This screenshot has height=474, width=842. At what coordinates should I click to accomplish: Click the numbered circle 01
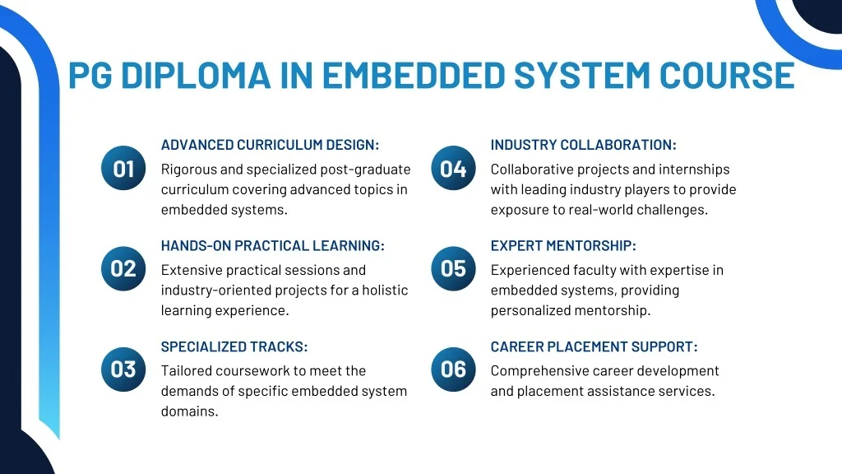(x=123, y=168)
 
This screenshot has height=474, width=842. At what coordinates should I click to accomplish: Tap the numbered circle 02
(x=123, y=269)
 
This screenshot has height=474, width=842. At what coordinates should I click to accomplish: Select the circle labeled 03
(x=123, y=369)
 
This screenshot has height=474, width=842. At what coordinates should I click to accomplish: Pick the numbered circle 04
(x=453, y=168)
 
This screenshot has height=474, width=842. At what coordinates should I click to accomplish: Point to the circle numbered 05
(x=453, y=269)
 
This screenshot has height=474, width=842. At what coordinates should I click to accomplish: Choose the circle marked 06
(x=453, y=369)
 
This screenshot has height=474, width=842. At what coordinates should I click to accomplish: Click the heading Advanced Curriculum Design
(x=270, y=145)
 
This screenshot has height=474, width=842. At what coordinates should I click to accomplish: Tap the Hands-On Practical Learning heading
(x=273, y=245)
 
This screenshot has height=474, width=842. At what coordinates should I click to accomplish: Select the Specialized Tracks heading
(x=234, y=346)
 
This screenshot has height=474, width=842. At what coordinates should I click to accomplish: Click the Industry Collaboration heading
(x=584, y=145)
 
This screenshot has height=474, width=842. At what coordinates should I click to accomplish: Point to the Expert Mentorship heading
(x=563, y=245)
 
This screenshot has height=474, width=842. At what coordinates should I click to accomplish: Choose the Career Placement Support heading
(x=594, y=346)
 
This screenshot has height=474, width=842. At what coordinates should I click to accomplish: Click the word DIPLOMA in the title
(x=196, y=75)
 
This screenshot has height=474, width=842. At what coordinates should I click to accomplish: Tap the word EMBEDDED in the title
(x=414, y=75)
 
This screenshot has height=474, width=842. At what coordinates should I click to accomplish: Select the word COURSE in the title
(x=727, y=75)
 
